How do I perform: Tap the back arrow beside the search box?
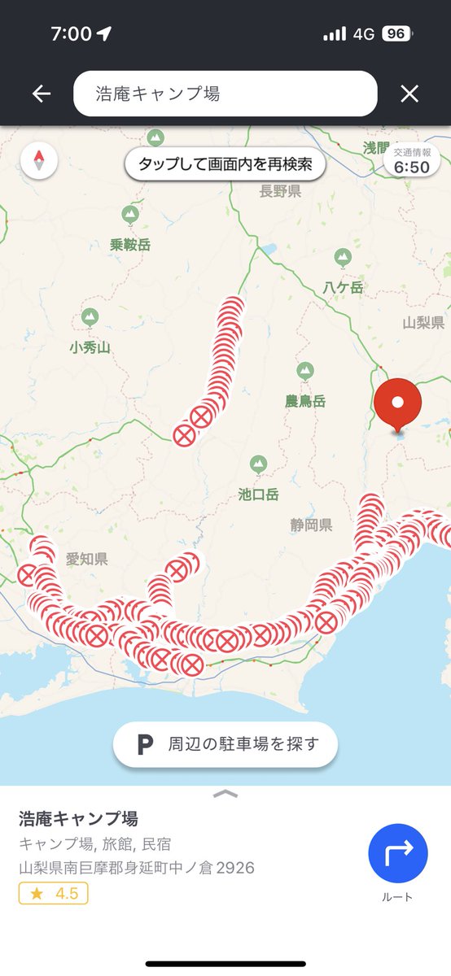(x=42, y=94)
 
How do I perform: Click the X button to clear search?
(x=409, y=94)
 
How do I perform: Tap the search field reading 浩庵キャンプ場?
(x=225, y=94)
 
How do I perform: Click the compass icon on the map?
(x=39, y=160)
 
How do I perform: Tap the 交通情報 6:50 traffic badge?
(x=411, y=161)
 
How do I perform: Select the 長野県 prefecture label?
(x=280, y=191)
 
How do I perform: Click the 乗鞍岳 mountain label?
(x=130, y=244)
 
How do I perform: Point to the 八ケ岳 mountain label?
(x=343, y=286)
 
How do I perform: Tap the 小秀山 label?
(x=90, y=347)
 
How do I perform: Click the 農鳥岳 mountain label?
(x=305, y=401)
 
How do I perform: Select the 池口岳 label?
(x=259, y=493)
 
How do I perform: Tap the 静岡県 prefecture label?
(x=311, y=525)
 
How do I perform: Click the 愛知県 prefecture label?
(x=87, y=559)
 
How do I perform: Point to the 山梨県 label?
(x=423, y=322)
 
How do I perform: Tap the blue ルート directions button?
(x=397, y=852)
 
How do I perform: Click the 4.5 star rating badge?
(x=54, y=894)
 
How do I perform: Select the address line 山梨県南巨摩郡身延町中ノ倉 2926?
(x=137, y=868)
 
